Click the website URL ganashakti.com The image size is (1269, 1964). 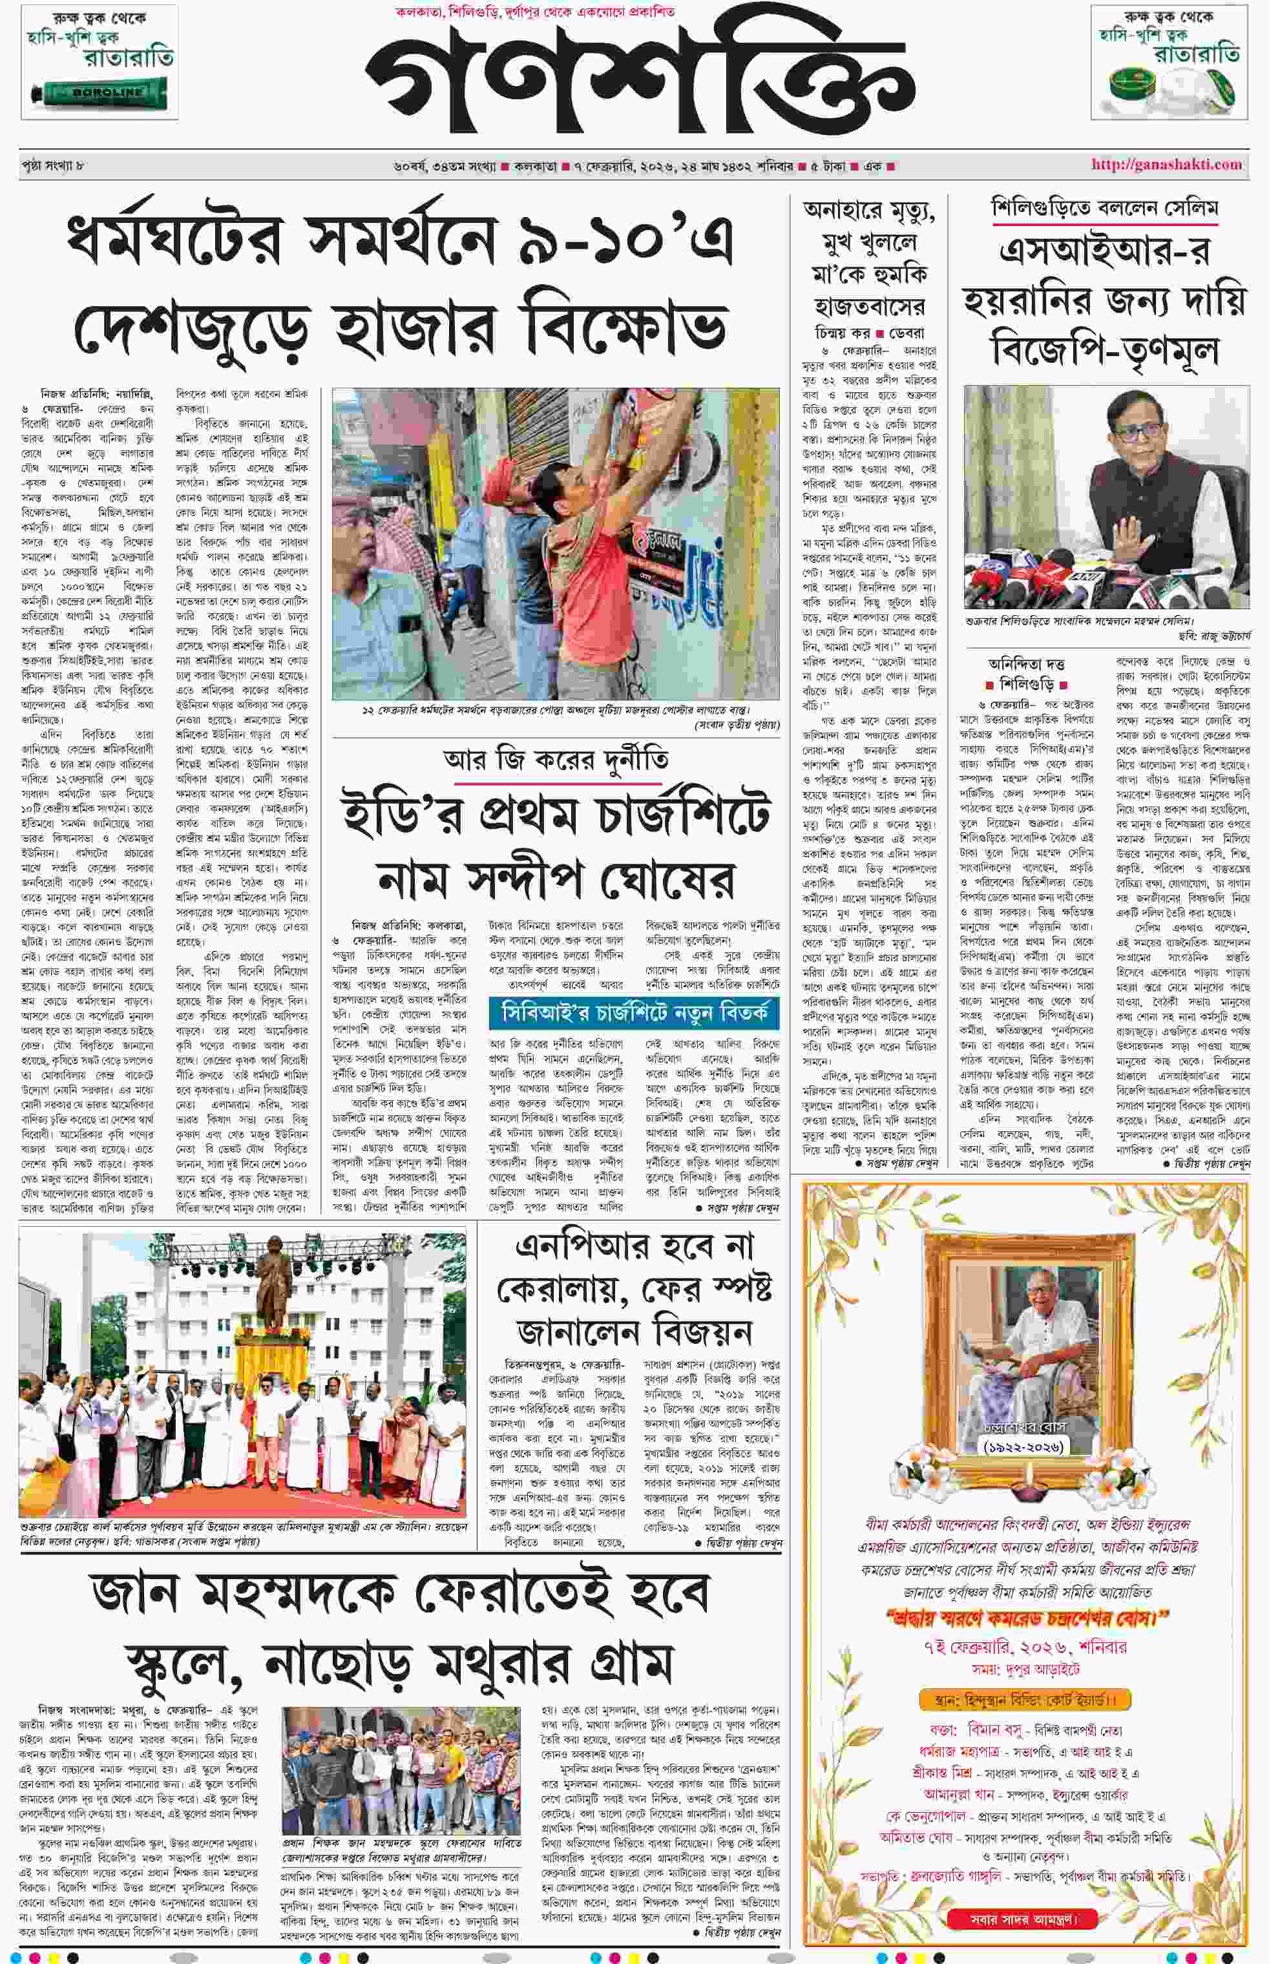tap(1166, 165)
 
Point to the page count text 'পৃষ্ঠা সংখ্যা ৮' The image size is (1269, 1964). tap(53, 165)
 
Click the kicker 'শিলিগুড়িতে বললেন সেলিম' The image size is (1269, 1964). tap(1104, 209)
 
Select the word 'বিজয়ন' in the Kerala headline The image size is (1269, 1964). tap(701, 1332)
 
